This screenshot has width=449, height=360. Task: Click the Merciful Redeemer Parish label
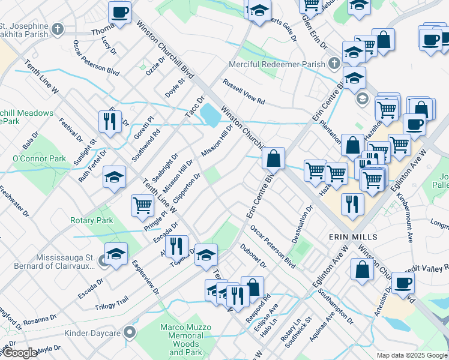tap(277, 64)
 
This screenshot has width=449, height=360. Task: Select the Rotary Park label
tap(91, 221)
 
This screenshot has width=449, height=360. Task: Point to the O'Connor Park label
tap(39, 158)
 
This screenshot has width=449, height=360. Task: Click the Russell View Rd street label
tap(244, 92)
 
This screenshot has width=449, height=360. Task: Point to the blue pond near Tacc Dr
tap(209, 115)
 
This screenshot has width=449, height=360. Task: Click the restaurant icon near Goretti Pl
tap(110, 121)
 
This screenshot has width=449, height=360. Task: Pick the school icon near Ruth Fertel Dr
tap(114, 177)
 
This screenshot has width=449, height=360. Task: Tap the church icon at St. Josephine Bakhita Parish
tap(58, 29)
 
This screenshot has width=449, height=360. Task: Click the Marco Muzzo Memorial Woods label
tap(185, 340)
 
